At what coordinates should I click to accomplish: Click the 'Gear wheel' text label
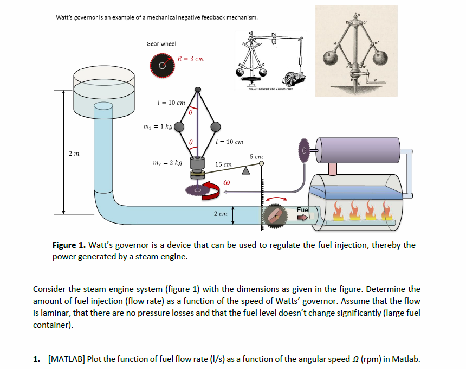click(161, 43)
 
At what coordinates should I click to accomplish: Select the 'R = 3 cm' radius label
click(191, 58)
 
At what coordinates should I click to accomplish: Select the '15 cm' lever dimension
click(223, 163)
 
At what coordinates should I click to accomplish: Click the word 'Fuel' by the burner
click(303, 209)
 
